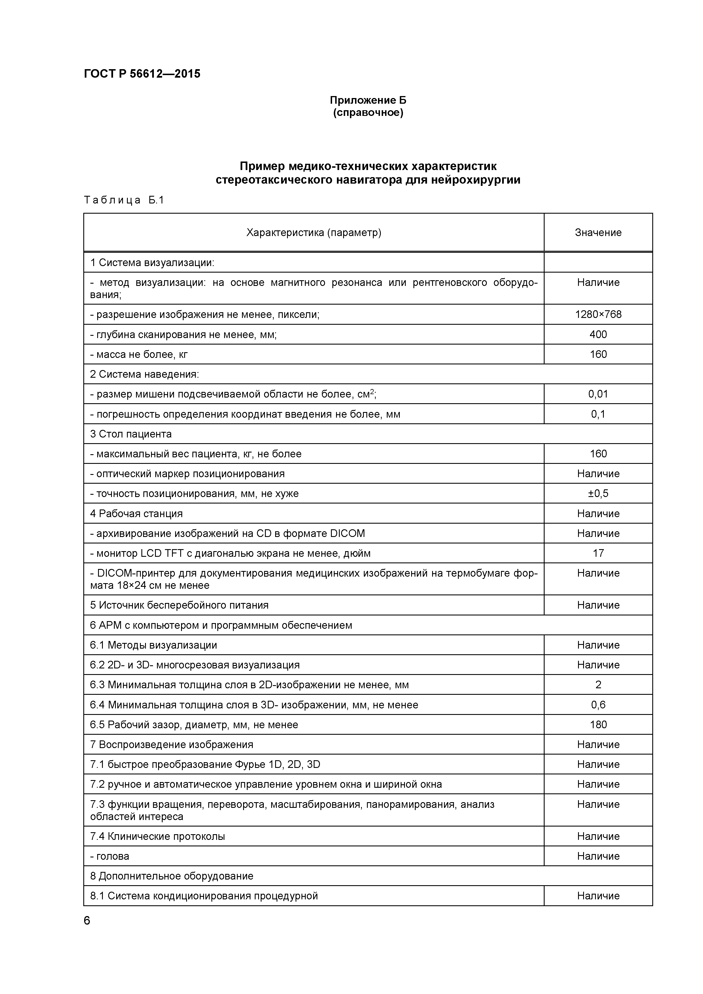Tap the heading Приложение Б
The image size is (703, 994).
(x=368, y=100)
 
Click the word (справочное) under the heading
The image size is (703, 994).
(x=368, y=113)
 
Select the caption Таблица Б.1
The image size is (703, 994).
(x=124, y=200)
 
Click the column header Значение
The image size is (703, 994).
(x=598, y=232)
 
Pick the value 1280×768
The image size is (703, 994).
(x=598, y=314)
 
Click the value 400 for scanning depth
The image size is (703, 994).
(x=598, y=334)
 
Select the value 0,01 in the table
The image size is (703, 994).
(x=598, y=394)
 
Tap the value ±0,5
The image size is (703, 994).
(x=598, y=494)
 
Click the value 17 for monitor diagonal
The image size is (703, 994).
(x=598, y=553)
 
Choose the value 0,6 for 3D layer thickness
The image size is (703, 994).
(x=598, y=705)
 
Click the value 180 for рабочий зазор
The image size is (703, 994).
(x=598, y=725)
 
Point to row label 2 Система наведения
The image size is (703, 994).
(x=144, y=374)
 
